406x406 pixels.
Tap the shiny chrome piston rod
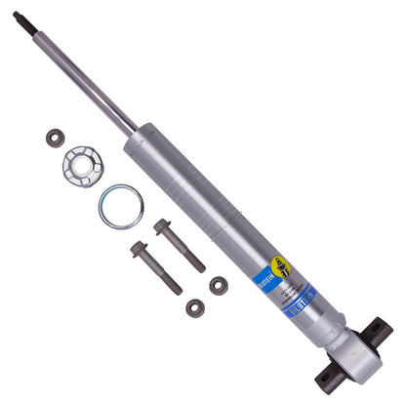click(88, 78)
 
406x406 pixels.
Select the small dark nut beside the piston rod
click(56, 139)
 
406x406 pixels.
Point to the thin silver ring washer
click(120, 206)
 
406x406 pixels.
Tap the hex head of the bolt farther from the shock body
click(139, 249)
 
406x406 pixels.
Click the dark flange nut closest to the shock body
click(219, 285)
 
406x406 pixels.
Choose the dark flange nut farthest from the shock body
click(195, 307)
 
